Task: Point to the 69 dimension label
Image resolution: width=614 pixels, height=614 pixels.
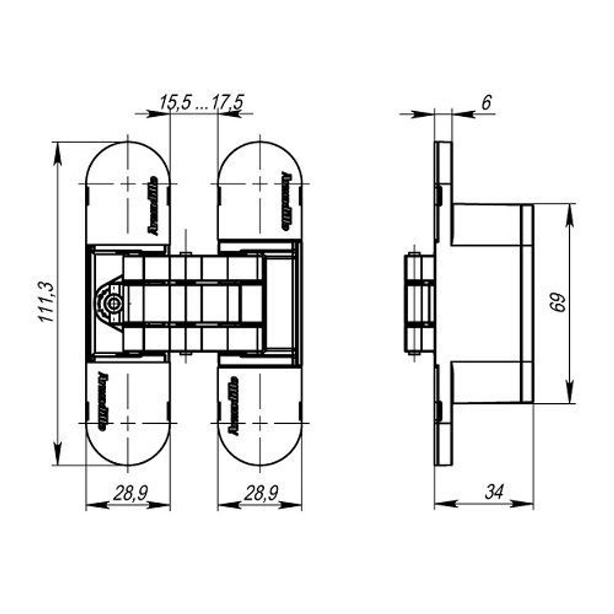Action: click(x=558, y=303)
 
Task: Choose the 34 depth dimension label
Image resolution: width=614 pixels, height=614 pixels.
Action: click(x=494, y=492)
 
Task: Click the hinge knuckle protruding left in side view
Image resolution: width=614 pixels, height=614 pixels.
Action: click(x=419, y=303)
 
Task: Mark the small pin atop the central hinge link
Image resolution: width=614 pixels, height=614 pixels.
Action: click(x=185, y=252)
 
